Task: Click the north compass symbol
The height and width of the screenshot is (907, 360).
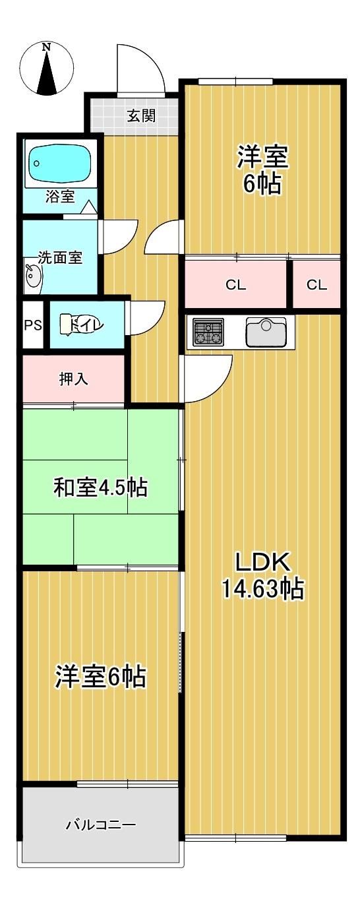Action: coord(47,70)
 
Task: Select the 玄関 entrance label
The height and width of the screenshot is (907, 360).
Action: coord(141,116)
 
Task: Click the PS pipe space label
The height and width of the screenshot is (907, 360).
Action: coord(33,325)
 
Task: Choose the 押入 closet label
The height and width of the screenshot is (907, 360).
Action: coord(73,379)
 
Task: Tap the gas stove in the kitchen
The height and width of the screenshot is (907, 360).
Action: coord(208,332)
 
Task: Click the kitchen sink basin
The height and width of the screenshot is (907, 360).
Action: coord(266,332)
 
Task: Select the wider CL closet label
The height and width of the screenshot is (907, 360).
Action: coord(236,285)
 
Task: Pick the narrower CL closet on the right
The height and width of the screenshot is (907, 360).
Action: coord(316,285)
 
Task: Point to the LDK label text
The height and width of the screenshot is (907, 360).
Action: coord(263,561)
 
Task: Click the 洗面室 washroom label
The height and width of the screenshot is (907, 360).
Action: coord(61,257)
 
